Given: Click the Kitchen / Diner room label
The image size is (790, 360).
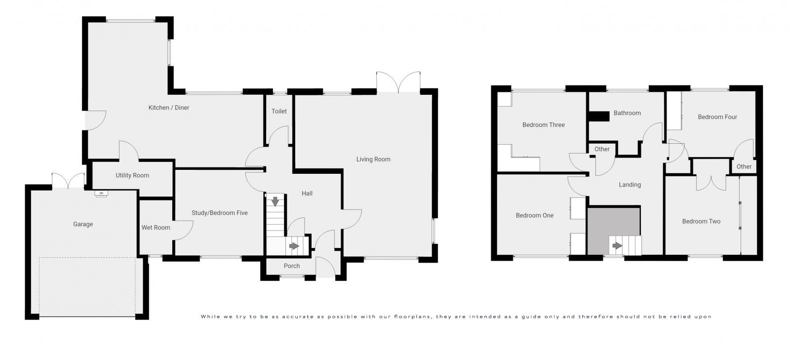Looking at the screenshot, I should [x=169, y=108].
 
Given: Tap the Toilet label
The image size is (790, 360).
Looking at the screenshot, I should [x=279, y=112].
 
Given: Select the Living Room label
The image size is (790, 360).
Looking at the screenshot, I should [x=373, y=160].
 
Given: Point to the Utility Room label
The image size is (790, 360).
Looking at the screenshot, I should [x=132, y=175].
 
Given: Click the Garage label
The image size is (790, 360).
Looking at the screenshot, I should [x=83, y=224].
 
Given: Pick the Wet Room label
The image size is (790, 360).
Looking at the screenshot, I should [x=156, y=228].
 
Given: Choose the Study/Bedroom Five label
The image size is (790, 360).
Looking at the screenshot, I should [x=220, y=213].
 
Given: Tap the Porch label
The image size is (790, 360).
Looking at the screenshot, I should [x=292, y=266].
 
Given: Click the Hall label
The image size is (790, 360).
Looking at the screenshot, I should [x=307, y=194].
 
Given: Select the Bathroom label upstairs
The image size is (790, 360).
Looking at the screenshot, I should [x=627, y=113].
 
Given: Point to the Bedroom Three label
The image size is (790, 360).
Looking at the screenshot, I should [x=543, y=125].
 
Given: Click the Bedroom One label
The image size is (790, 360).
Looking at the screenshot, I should [x=535, y=215].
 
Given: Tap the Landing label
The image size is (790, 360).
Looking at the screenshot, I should [x=630, y=185].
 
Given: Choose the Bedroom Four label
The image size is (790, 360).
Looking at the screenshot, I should [x=717, y=117].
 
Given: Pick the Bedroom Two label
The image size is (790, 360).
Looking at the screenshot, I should [x=701, y=222].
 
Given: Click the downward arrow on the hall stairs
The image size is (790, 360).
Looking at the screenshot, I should [x=275, y=201].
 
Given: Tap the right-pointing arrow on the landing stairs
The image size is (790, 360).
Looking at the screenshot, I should [x=617, y=245].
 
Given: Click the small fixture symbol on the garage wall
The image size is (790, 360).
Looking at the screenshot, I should [x=101, y=193].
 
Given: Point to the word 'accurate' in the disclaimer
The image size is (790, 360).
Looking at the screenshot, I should [x=295, y=317].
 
